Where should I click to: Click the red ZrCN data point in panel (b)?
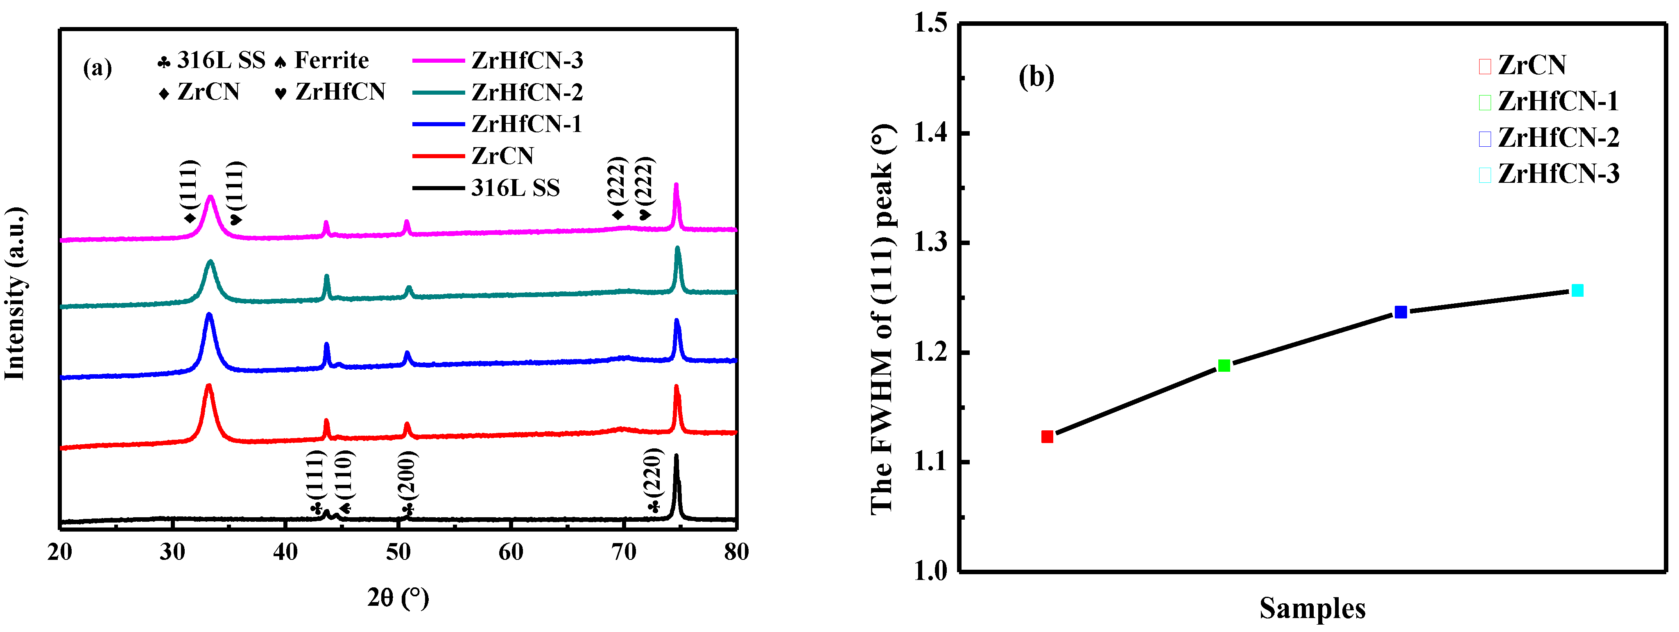1047,436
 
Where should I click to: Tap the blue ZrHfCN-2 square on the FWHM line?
1401,312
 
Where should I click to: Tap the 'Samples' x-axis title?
1312,608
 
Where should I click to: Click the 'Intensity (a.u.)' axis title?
15,293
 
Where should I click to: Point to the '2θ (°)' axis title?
398,598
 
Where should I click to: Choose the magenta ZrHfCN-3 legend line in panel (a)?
438,60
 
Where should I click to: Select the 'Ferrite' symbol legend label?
331,60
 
